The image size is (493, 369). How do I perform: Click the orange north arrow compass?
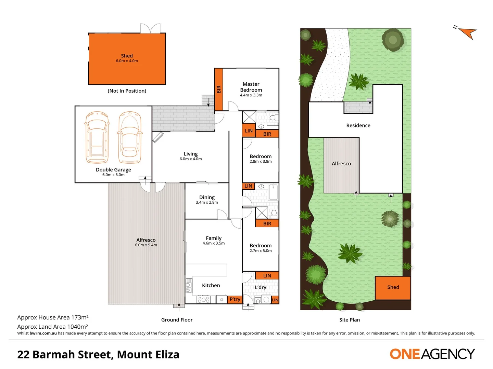(x=467, y=33)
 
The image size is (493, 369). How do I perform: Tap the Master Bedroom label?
(x=251, y=87)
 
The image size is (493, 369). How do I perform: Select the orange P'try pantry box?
(x=235, y=299)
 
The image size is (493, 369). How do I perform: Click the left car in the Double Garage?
(x=97, y=138)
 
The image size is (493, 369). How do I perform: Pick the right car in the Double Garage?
(x=130, y=138)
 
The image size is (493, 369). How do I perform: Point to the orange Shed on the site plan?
(x=393, y=288)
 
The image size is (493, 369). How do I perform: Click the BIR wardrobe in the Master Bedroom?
(x=219, y=89)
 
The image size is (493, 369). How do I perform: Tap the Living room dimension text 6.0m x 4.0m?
(x=191, y=159)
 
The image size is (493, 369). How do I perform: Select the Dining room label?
(x=207, y=197)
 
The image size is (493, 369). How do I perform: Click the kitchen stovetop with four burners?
(x=203, y=300)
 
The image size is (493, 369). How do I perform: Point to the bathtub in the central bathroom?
(x=273, y=192)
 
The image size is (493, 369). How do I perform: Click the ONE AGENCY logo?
(x=432, y=354)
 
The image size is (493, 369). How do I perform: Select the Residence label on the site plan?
(x=358, y=125)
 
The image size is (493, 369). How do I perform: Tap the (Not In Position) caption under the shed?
(x=127, y=91)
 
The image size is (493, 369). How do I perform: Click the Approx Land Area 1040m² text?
(x=53, y=327)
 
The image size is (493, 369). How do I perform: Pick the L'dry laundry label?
(x=261, y=287)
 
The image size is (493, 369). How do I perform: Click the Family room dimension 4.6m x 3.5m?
(x=214, y=243)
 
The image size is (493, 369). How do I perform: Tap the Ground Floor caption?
(x=177, y=320)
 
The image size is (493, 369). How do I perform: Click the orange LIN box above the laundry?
(x=267, y=275)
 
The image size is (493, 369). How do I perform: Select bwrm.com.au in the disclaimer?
(x=43, y=333)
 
